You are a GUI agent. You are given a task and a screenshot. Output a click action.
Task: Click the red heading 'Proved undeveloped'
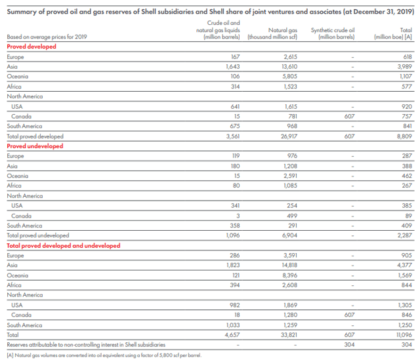click(35, 146)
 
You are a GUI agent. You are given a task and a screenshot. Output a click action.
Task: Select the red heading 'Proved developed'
click(31, 47)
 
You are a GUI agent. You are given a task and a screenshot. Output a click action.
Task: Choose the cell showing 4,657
click(232, 334)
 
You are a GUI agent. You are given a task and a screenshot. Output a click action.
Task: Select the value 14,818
click(289, 265)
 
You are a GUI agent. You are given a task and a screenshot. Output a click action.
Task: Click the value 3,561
click(232, 136)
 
